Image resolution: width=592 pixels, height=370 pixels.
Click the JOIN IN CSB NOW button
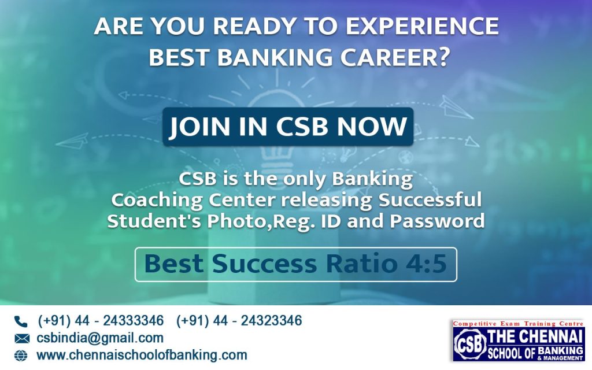[288, 127]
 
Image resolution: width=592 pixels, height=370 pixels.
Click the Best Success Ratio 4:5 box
[295, 264]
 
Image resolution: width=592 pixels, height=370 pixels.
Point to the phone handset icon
[21, 321]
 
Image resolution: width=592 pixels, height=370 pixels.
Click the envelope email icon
[21, 339]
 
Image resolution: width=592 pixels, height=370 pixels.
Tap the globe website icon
[21, 356]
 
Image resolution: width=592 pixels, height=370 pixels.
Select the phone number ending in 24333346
[101, 321]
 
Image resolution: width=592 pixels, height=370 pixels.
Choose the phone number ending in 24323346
[239, 321]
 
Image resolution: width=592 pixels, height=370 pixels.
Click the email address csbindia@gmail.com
[99, 338]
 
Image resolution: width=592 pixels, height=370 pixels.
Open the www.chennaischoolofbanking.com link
[142, 355]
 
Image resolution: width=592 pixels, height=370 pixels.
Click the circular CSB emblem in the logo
[469, 345]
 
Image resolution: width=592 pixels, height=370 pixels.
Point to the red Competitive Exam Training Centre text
[518, 324]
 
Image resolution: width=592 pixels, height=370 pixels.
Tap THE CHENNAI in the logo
[535, 336]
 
